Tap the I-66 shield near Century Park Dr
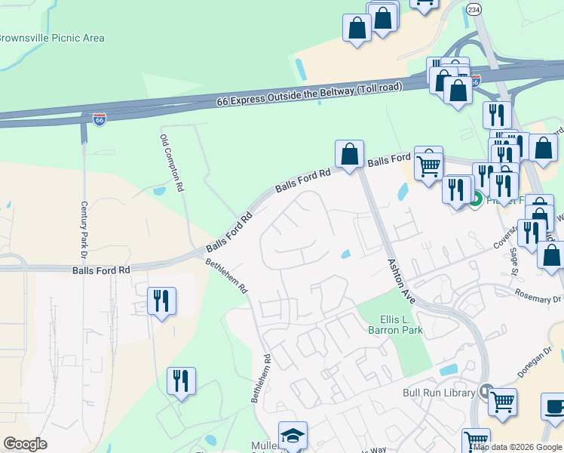pos(100,119)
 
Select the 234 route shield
pos(474,10)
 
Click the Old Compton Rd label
pos(171,162)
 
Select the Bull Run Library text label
pos(437,392)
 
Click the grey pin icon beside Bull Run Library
pos(486,392)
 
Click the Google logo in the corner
pos(26,444)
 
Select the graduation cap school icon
pos(293,436)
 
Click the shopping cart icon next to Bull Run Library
pos(502,401)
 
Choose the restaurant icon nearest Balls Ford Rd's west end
pos(161,300)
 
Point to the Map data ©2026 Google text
pos(516,448)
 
